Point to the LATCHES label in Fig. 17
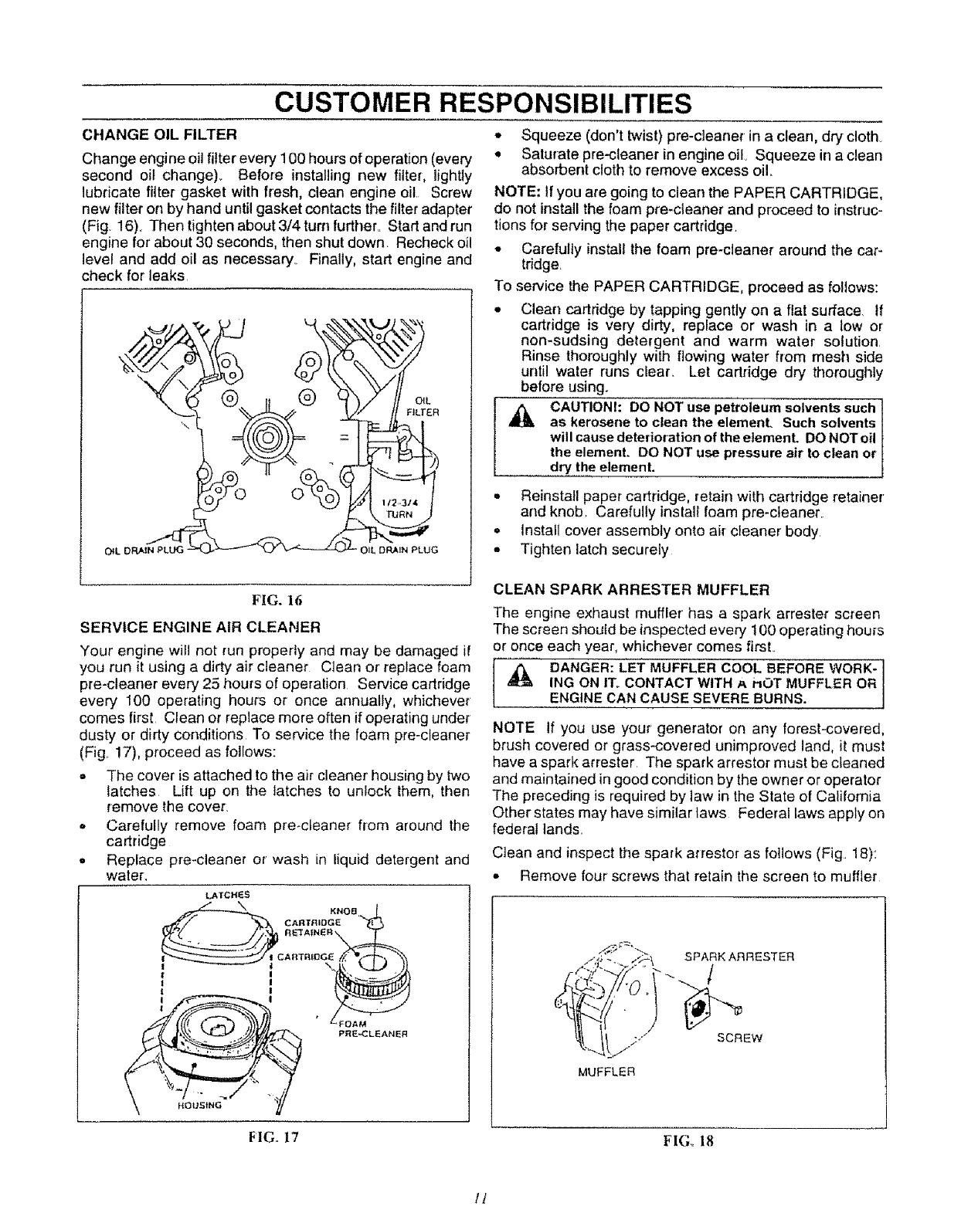tap(224, 896)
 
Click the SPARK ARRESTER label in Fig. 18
tap(739, 957)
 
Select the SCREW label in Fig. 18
tap(739, 1038)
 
